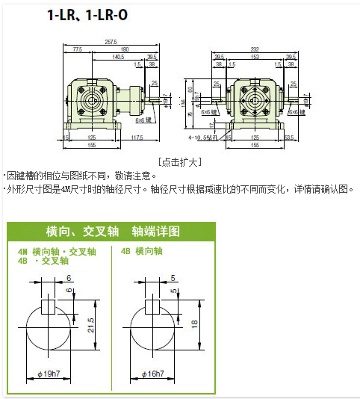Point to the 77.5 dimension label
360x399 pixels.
(78, 49)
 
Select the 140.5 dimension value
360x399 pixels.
(118, 56)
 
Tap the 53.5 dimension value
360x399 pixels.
(291, 137)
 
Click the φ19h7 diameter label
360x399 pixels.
(49, 373)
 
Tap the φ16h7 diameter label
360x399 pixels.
(153, 373)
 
